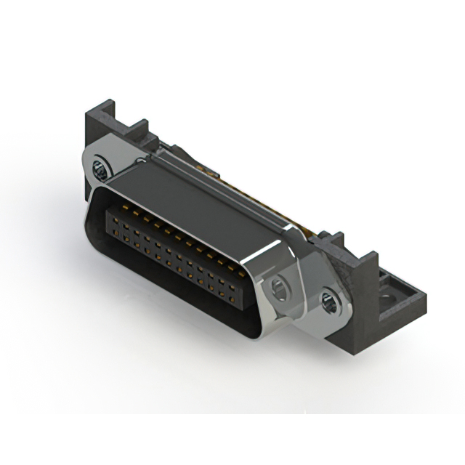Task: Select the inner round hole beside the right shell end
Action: click(278, 291)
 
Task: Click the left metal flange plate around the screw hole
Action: click(91, 163)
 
